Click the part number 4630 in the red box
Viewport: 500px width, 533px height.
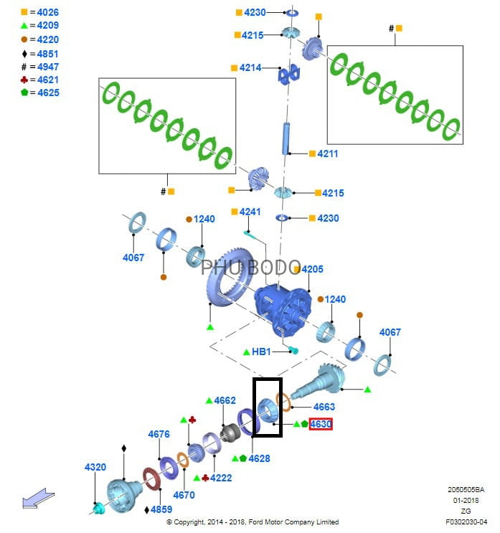[321, 424]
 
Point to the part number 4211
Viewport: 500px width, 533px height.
[327, 154]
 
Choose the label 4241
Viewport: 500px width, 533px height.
[250, 212]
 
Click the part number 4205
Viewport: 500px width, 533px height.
[313, 269]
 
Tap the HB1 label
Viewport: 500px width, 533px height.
[261, 352]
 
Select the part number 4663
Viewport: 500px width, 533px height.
[324, 407]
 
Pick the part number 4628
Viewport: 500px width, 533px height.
[259, 458]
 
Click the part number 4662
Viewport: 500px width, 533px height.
[225, 400]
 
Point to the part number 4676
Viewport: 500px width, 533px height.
[159, 434]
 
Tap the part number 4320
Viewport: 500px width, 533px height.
[95, 467]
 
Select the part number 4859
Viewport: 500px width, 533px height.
[162, 509]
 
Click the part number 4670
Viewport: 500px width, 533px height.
[184, 495]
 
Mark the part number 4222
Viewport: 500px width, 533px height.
[220, 477]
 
